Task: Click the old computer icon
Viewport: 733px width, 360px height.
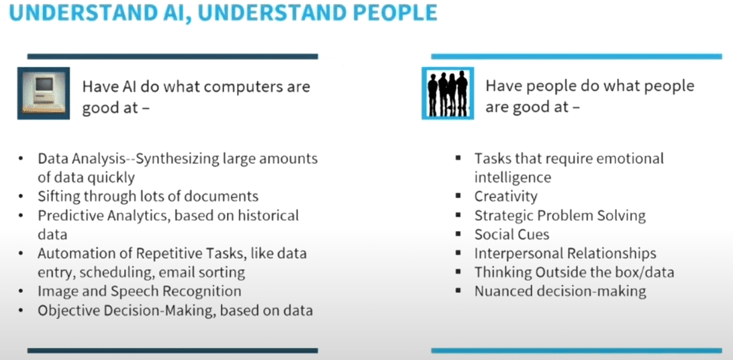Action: [x=44, y=93]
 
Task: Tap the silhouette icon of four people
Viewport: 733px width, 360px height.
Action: [x=448, y=93]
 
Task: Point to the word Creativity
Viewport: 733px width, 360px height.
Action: [x=506, y=196]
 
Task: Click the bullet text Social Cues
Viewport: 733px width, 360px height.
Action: [x=511, y=234]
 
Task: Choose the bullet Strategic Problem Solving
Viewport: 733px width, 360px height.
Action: [x=560, y=216]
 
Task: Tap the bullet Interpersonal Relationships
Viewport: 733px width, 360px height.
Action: [x=565, y=253]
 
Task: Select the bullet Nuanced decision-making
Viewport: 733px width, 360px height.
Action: [x=560, y=291]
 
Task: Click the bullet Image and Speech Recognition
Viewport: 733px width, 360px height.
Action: [x=140, y=291]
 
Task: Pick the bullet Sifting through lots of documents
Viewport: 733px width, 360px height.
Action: [x=148, y=196]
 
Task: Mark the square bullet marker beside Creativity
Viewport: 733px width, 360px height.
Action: [x=458, y=195]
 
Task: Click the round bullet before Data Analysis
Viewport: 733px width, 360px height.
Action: [x=21, y=159]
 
